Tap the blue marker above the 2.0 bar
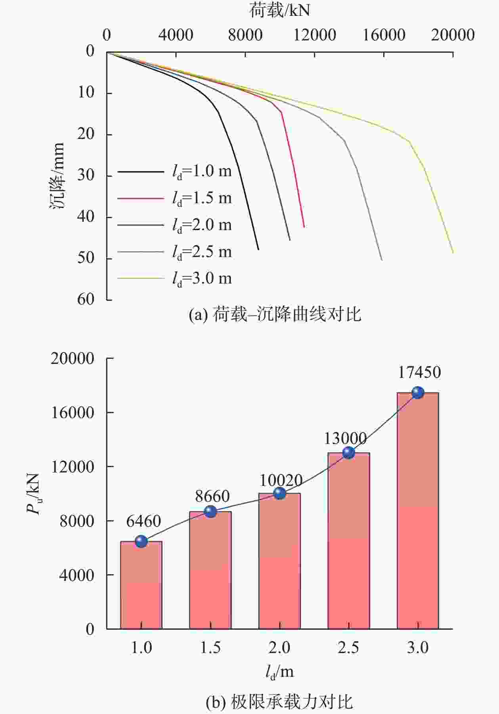[x=280, y=493]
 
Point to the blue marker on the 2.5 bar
[x=349, y=452]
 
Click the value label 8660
[x=212, y=496]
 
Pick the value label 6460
[x=143, y=521]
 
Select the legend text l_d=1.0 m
[x=202, y=171]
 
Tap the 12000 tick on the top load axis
[x=315, y=35]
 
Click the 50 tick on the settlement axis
[x=86, y=258]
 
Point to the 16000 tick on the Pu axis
[x=73, y=413]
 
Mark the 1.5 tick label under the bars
[x=210, y=648]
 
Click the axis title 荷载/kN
[x=279, y=10]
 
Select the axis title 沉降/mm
[x=57, y=176]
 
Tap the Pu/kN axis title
[x=34, y=493]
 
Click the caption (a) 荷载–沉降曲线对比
[x=275, y=315]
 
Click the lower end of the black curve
[x=258, y=249]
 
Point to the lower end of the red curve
[x=304, y=227]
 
